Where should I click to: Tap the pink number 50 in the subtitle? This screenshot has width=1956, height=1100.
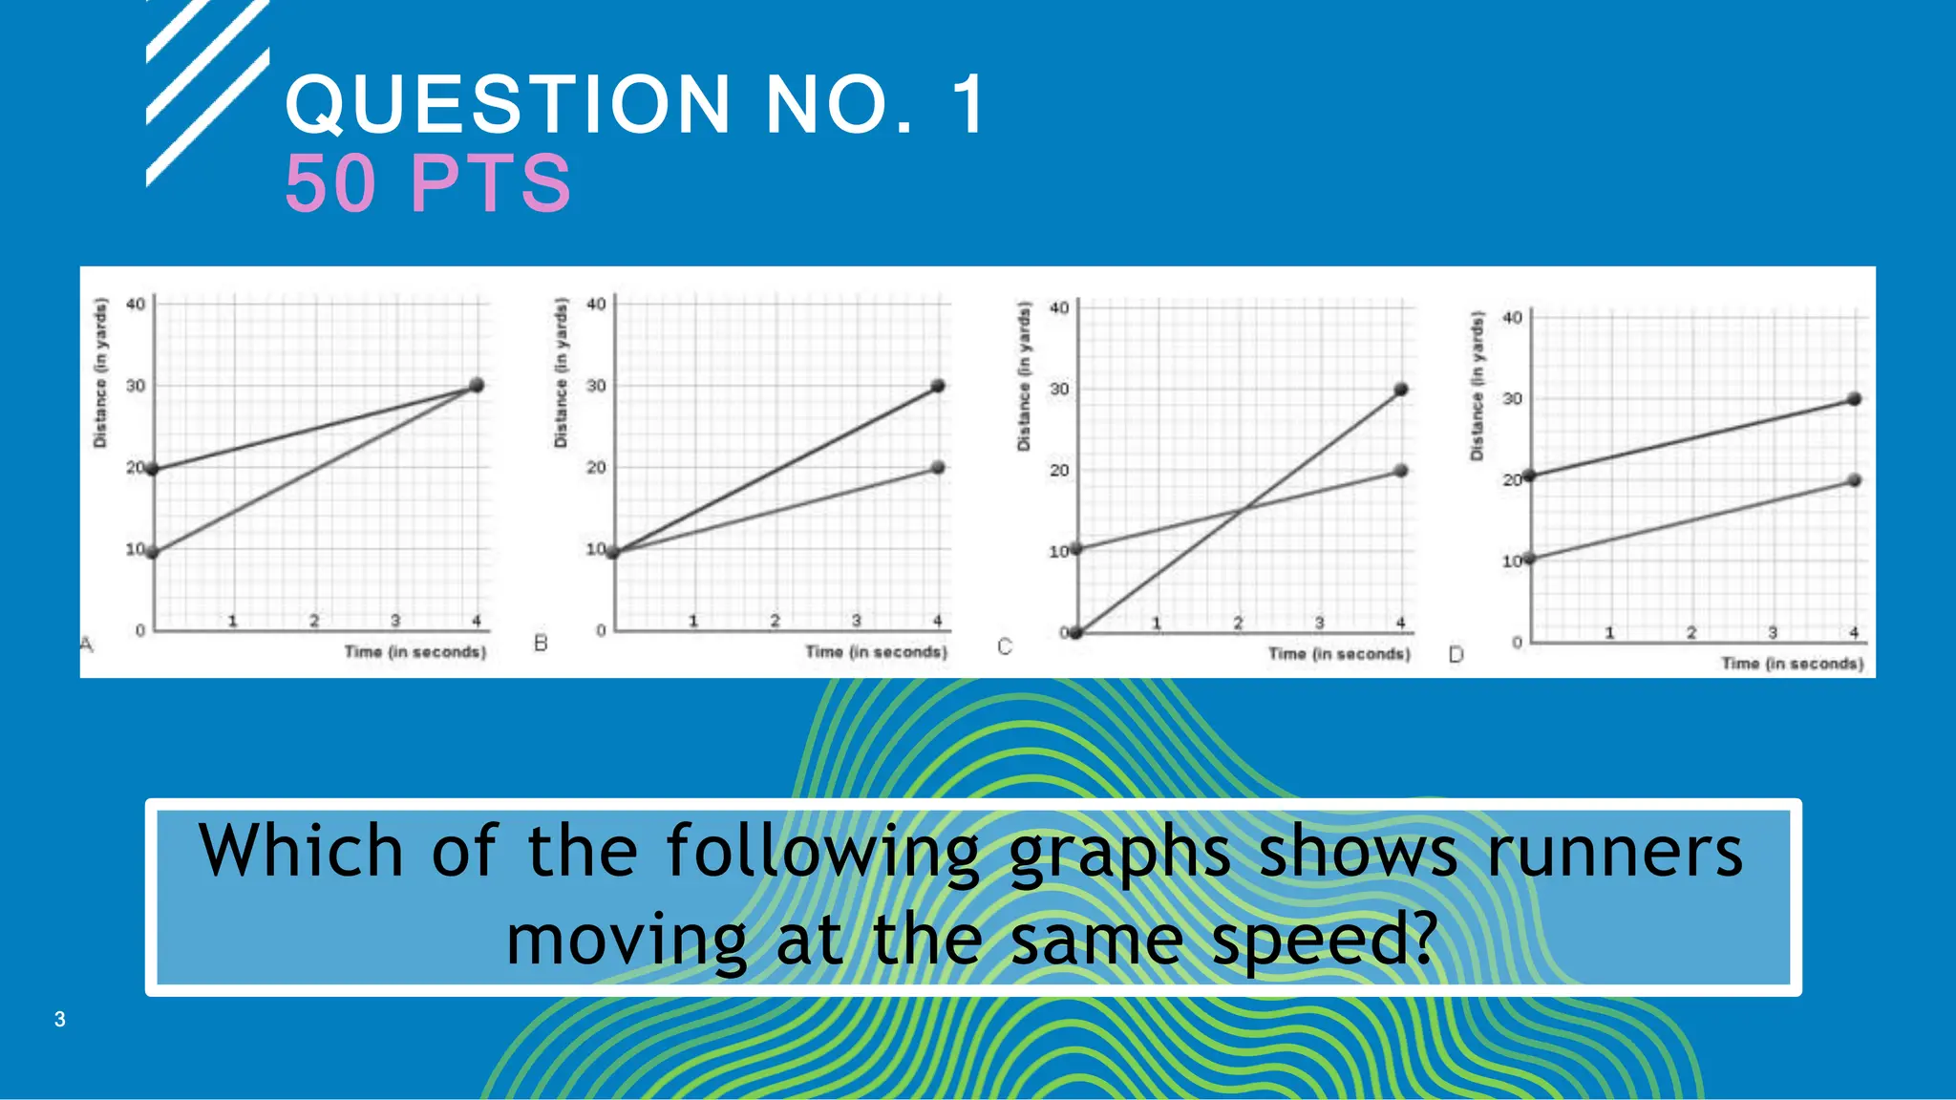coord(330,183)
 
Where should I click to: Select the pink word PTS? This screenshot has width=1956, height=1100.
coord(491,183)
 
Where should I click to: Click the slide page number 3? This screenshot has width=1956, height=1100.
coord(59,1019)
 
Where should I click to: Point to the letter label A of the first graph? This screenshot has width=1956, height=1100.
coord(87,645)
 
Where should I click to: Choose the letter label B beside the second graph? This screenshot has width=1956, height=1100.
coord(541,644)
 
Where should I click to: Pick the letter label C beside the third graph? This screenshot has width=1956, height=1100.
coord(1004,646)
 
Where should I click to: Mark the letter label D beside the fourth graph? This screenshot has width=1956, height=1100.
coord(1456,654)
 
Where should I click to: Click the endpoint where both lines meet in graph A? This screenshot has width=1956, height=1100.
coord(477,385)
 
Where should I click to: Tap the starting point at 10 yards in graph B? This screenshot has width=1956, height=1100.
coord(613,552)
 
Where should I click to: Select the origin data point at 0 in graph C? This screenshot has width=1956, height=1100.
coord(1076,632)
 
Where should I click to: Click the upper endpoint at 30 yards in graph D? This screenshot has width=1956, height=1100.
coord(1854,399)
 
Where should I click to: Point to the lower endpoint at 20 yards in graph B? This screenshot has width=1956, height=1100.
coord(938,468)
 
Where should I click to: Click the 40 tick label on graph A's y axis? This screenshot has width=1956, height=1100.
coord(136,305)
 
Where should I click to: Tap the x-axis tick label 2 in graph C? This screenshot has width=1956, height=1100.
coord(1238,624)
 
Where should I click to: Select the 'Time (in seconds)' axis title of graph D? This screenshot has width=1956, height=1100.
coord(1792,663)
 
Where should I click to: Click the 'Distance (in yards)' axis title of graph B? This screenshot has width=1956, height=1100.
coord(562,372)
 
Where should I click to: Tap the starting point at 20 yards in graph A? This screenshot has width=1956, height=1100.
coord(153,469)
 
